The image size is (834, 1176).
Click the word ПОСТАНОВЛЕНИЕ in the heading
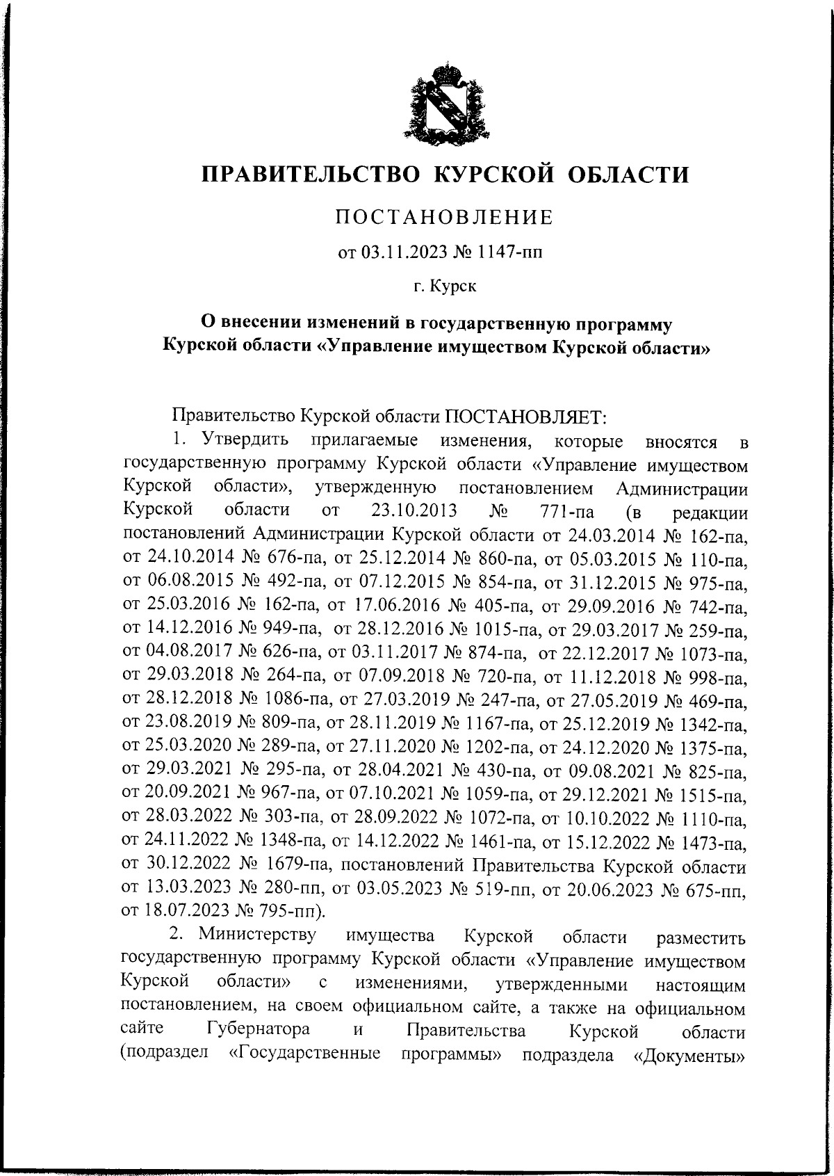click(445, 218)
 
